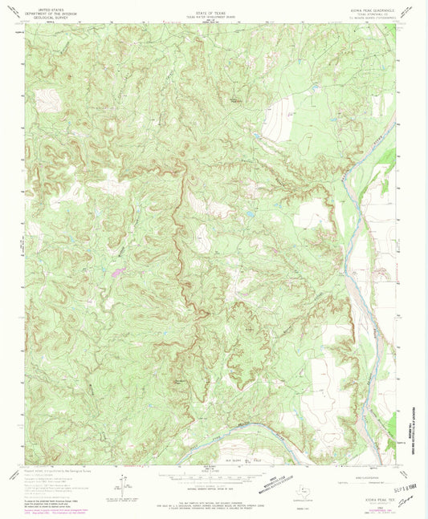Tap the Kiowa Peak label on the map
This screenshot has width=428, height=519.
point(235,102)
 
